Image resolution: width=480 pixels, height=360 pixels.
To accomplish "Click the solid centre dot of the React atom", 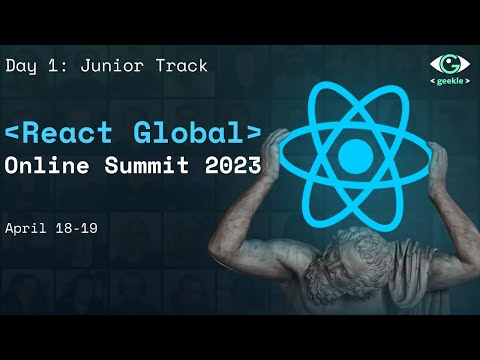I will [354, 155].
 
